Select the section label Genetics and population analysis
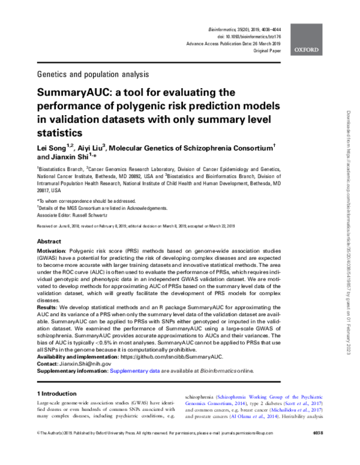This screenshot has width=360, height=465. [x=92, y=74]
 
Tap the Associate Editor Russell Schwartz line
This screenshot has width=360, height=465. [x=78, y=214]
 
